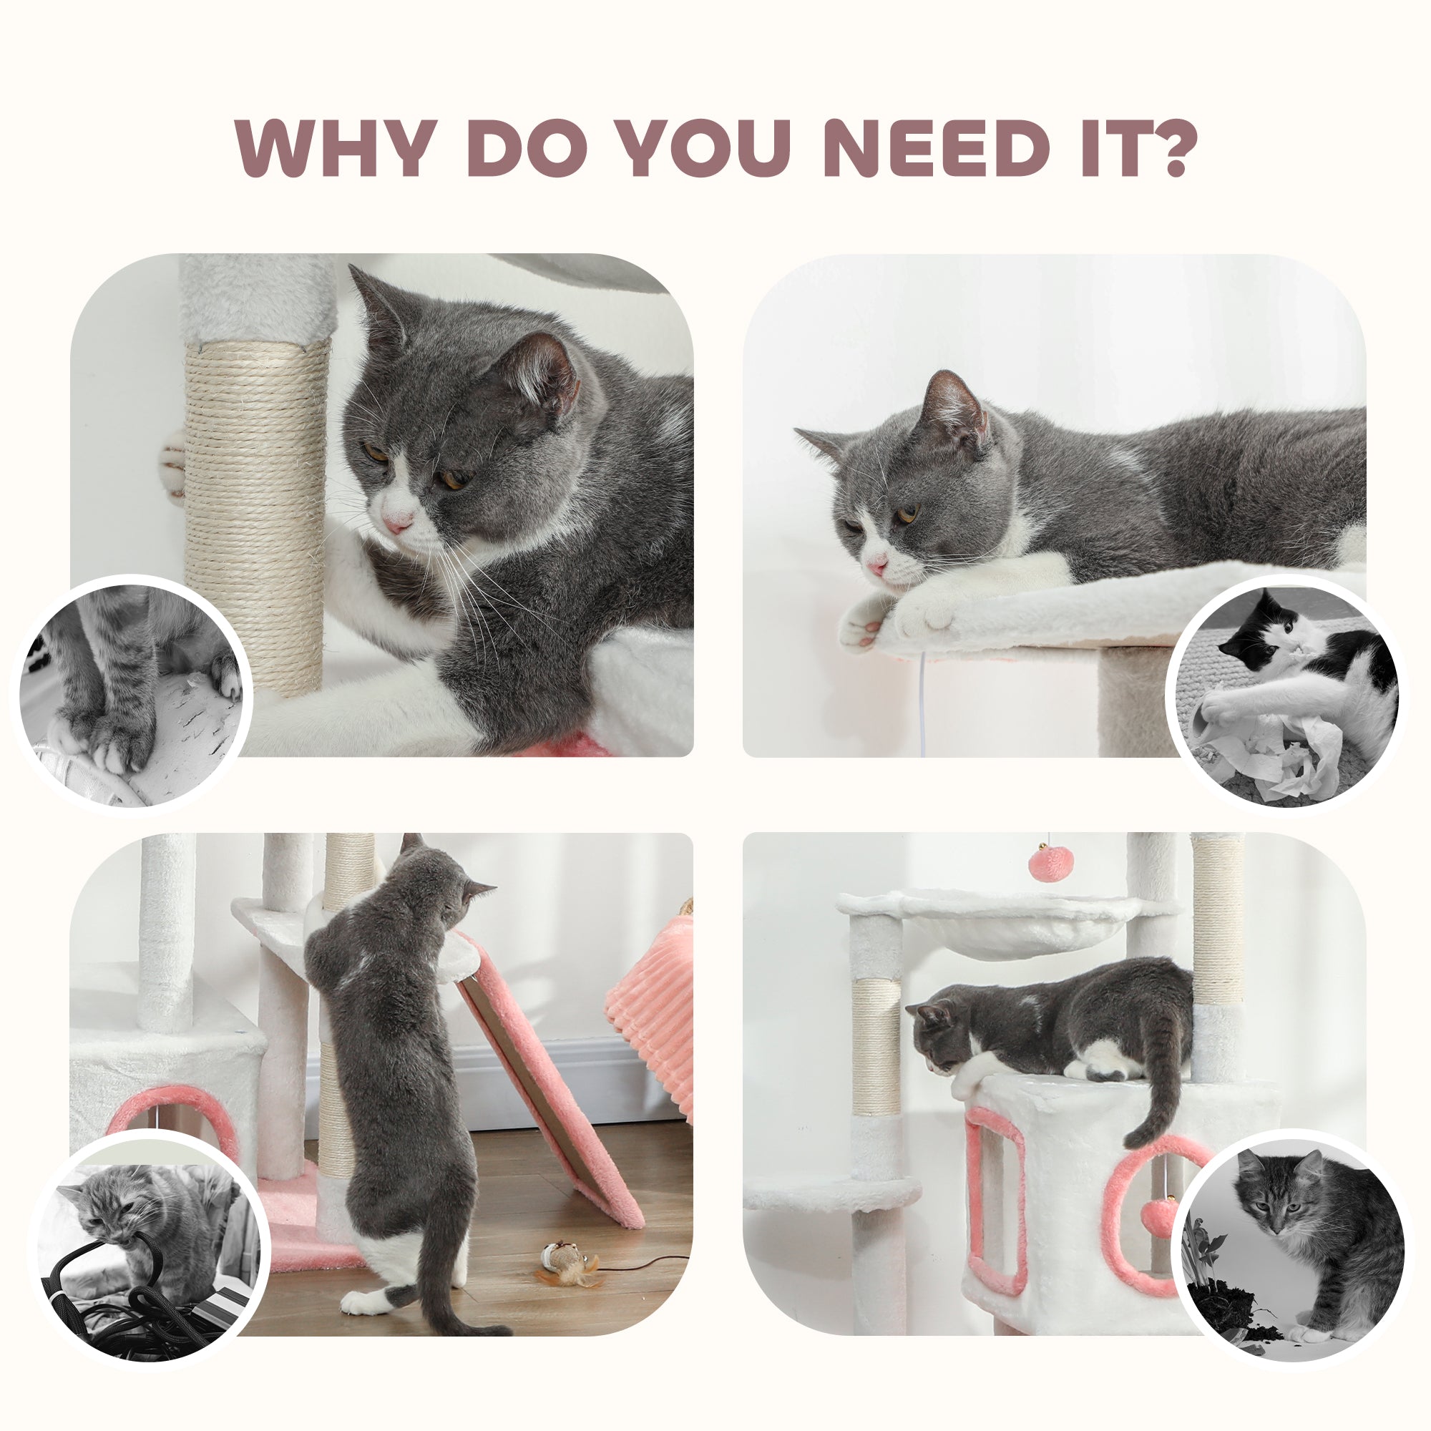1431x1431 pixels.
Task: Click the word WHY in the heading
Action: (336, 147)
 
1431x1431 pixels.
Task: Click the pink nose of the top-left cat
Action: (396, 523)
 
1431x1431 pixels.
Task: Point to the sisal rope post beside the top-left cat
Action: (255, 511)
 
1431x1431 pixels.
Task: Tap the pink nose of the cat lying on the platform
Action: (877, 567)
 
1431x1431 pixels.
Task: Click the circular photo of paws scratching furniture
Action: (132, 695)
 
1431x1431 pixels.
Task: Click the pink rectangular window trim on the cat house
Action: (996, 1200)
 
